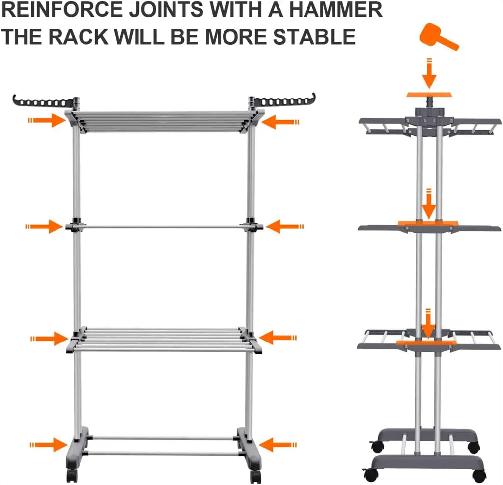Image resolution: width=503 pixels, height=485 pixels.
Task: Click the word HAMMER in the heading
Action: tap(335, 10)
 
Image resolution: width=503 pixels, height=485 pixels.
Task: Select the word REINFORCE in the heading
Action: tap(62, 10)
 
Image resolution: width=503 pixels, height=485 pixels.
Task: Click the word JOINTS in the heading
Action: tap(166, 10)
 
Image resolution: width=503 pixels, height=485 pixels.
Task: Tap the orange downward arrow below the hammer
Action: tap(429, 74)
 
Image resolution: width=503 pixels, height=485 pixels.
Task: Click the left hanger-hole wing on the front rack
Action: tap(43, 101)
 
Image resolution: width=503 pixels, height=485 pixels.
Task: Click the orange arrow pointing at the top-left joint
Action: tap(47, 121)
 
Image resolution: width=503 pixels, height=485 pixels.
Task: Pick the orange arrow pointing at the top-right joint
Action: tap(280, 122)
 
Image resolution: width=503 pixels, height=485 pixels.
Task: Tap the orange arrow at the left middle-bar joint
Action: tap(44, 227)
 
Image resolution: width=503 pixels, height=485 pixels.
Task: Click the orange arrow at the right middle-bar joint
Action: tap(285, 227)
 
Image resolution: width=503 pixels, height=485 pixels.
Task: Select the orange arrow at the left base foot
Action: tap(49, 445)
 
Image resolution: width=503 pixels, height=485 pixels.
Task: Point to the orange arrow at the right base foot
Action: tap(278, 445)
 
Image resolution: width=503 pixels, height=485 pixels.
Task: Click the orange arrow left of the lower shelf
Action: tap(50, 339)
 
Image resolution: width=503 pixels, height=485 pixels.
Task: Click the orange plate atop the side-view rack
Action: tap(429, 95)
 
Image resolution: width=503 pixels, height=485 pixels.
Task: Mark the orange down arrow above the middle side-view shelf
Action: tap(429, 204)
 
